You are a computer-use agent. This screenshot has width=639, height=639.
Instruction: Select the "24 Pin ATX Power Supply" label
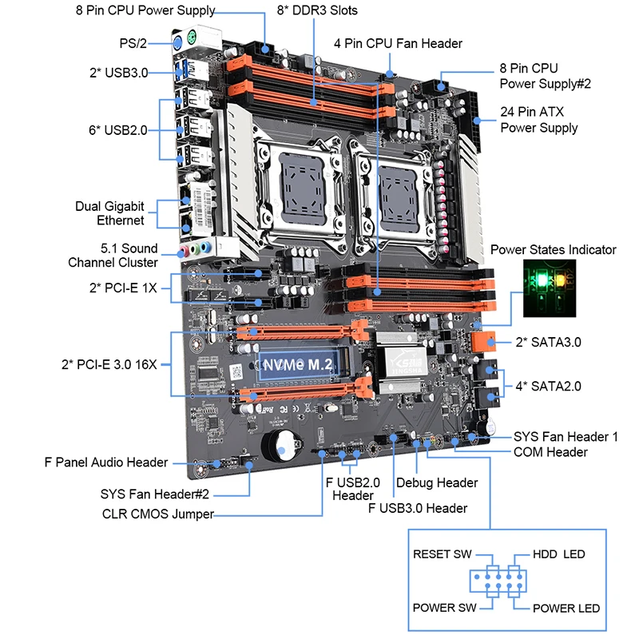pos(539,120)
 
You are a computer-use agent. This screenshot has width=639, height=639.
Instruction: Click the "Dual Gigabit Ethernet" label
pos(111,212)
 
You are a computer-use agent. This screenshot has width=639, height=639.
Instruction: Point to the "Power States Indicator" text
pos(554,250)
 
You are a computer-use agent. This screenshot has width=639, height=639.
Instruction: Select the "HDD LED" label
pos(559,554)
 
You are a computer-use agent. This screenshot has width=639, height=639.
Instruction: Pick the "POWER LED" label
pos(566,608)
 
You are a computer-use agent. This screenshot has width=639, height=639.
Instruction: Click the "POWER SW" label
pos(444,608)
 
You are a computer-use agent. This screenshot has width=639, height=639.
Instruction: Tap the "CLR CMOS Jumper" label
pos(157,514)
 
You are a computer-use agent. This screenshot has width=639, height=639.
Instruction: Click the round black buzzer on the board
pos(279,447)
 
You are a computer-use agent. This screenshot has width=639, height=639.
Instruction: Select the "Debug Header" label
pos(437,482)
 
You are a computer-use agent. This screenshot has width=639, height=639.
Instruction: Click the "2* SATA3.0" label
pos(549,342)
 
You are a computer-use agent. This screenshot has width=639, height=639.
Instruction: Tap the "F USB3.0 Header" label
pos(418,508)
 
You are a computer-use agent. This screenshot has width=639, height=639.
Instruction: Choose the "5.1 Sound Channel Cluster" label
pos(113,255)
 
